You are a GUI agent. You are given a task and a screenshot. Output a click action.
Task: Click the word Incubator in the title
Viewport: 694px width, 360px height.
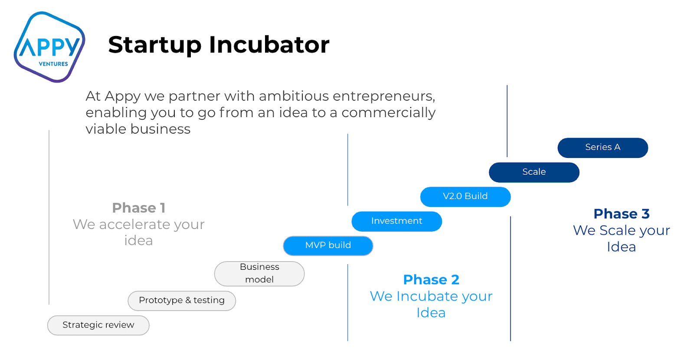tap(269, 45)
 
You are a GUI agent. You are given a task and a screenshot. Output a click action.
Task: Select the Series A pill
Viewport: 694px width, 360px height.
tap(602, 147)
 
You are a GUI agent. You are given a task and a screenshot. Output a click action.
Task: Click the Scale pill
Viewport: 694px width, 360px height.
tap(534, 172)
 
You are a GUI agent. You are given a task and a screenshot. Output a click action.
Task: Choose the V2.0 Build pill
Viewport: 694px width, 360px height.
tap(465, 197)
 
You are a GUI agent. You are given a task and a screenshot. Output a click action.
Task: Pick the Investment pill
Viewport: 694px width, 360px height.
tap(396, 221)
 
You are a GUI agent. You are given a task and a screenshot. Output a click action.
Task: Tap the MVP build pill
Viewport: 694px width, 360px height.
tap(328, 245)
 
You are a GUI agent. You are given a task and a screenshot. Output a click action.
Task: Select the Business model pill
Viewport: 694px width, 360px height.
tap(259, 274)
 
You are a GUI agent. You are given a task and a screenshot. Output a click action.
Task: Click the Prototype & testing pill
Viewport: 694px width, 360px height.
tap(182, 301)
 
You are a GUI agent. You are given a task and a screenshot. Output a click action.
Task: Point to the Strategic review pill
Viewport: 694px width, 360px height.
tap(98, 325)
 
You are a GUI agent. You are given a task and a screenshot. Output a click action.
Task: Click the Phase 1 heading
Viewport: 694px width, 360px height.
tap(138, 208)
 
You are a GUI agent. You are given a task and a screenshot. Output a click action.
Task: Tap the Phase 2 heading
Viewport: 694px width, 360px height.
tap(431, 280)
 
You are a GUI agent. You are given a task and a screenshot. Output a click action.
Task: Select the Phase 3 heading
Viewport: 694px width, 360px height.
tap(622, 214)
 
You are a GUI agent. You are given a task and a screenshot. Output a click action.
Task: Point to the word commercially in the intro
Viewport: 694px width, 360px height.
tap(389, 113)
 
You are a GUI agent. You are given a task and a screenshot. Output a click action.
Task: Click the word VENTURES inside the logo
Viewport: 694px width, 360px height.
tap(53, 64)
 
